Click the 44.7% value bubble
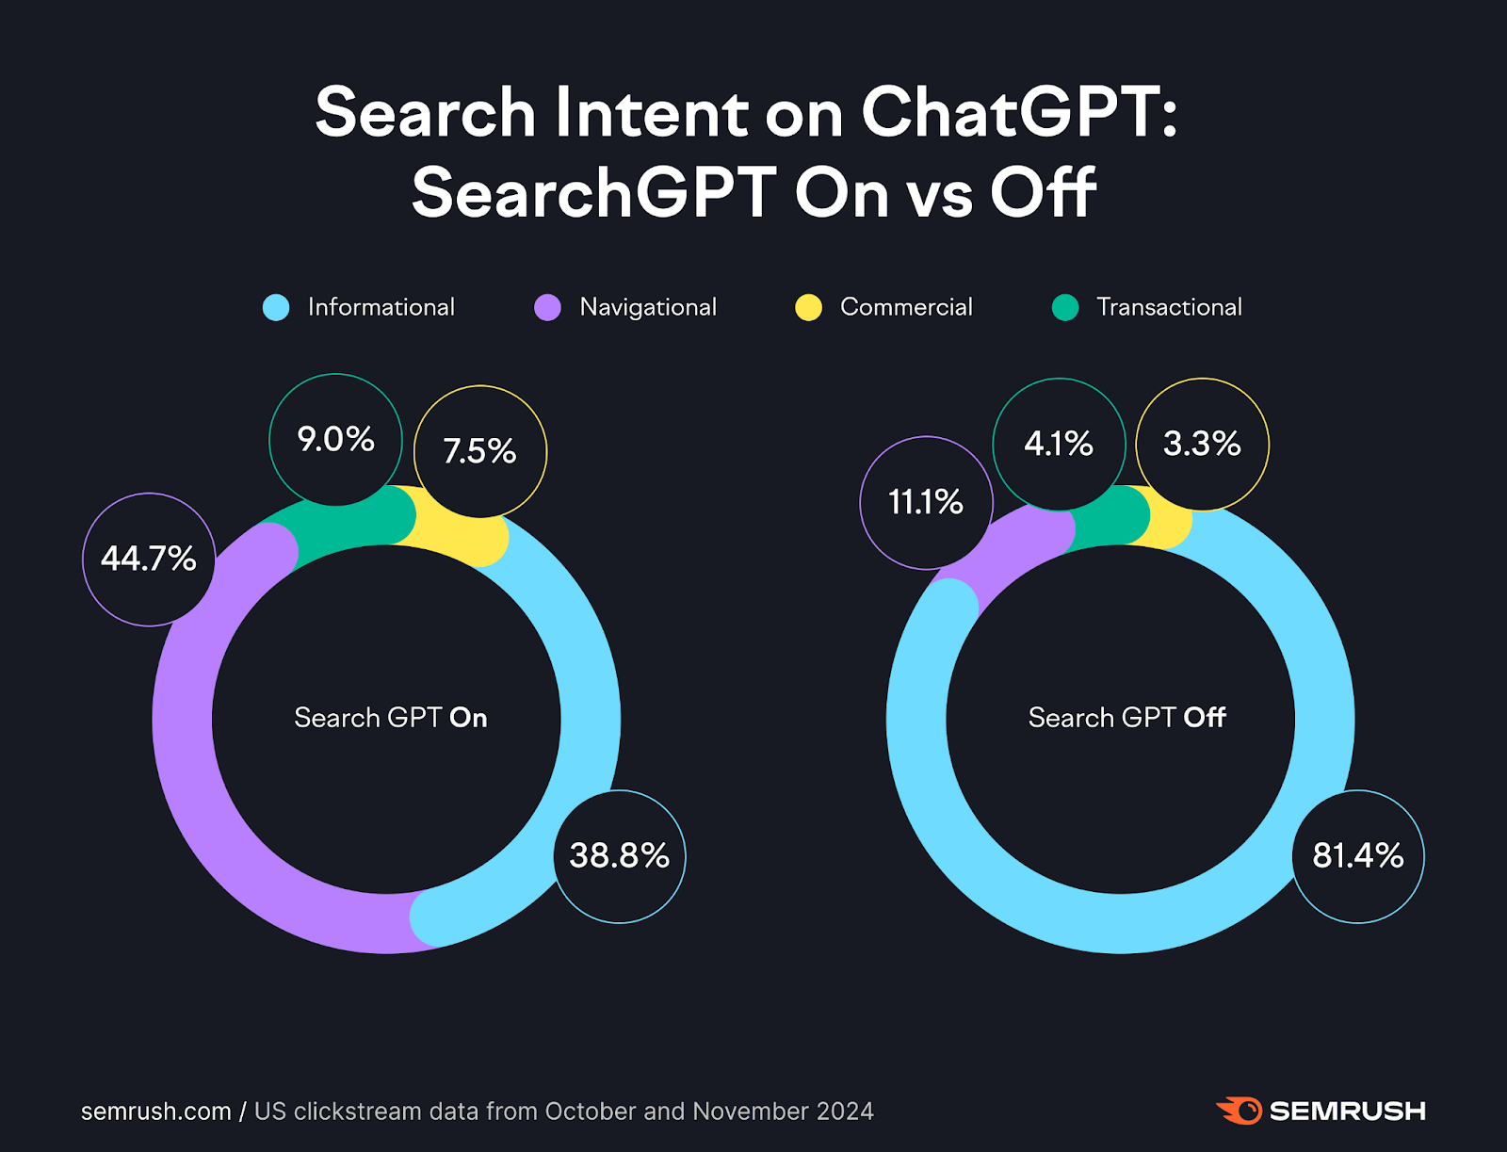pos(149,559)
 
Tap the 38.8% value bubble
pos(620,855)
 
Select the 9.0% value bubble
pos(336,439)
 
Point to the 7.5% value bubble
pos(480,451)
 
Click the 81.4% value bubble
pos(1358,855)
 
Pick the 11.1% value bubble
pos(926,502)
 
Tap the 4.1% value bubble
pos(1059,444)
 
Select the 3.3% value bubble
pos(1202,444)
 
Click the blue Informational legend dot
pos(276,308)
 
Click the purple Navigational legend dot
pos(547,308)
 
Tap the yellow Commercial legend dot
pos(808,308)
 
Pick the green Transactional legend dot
pos(1065,308)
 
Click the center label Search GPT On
pos(390,718)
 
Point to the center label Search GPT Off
pos(1126,718)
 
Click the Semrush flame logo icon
pos(1240,1111)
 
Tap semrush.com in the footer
pos(156,1111)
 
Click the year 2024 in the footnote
pos(845,1111)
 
